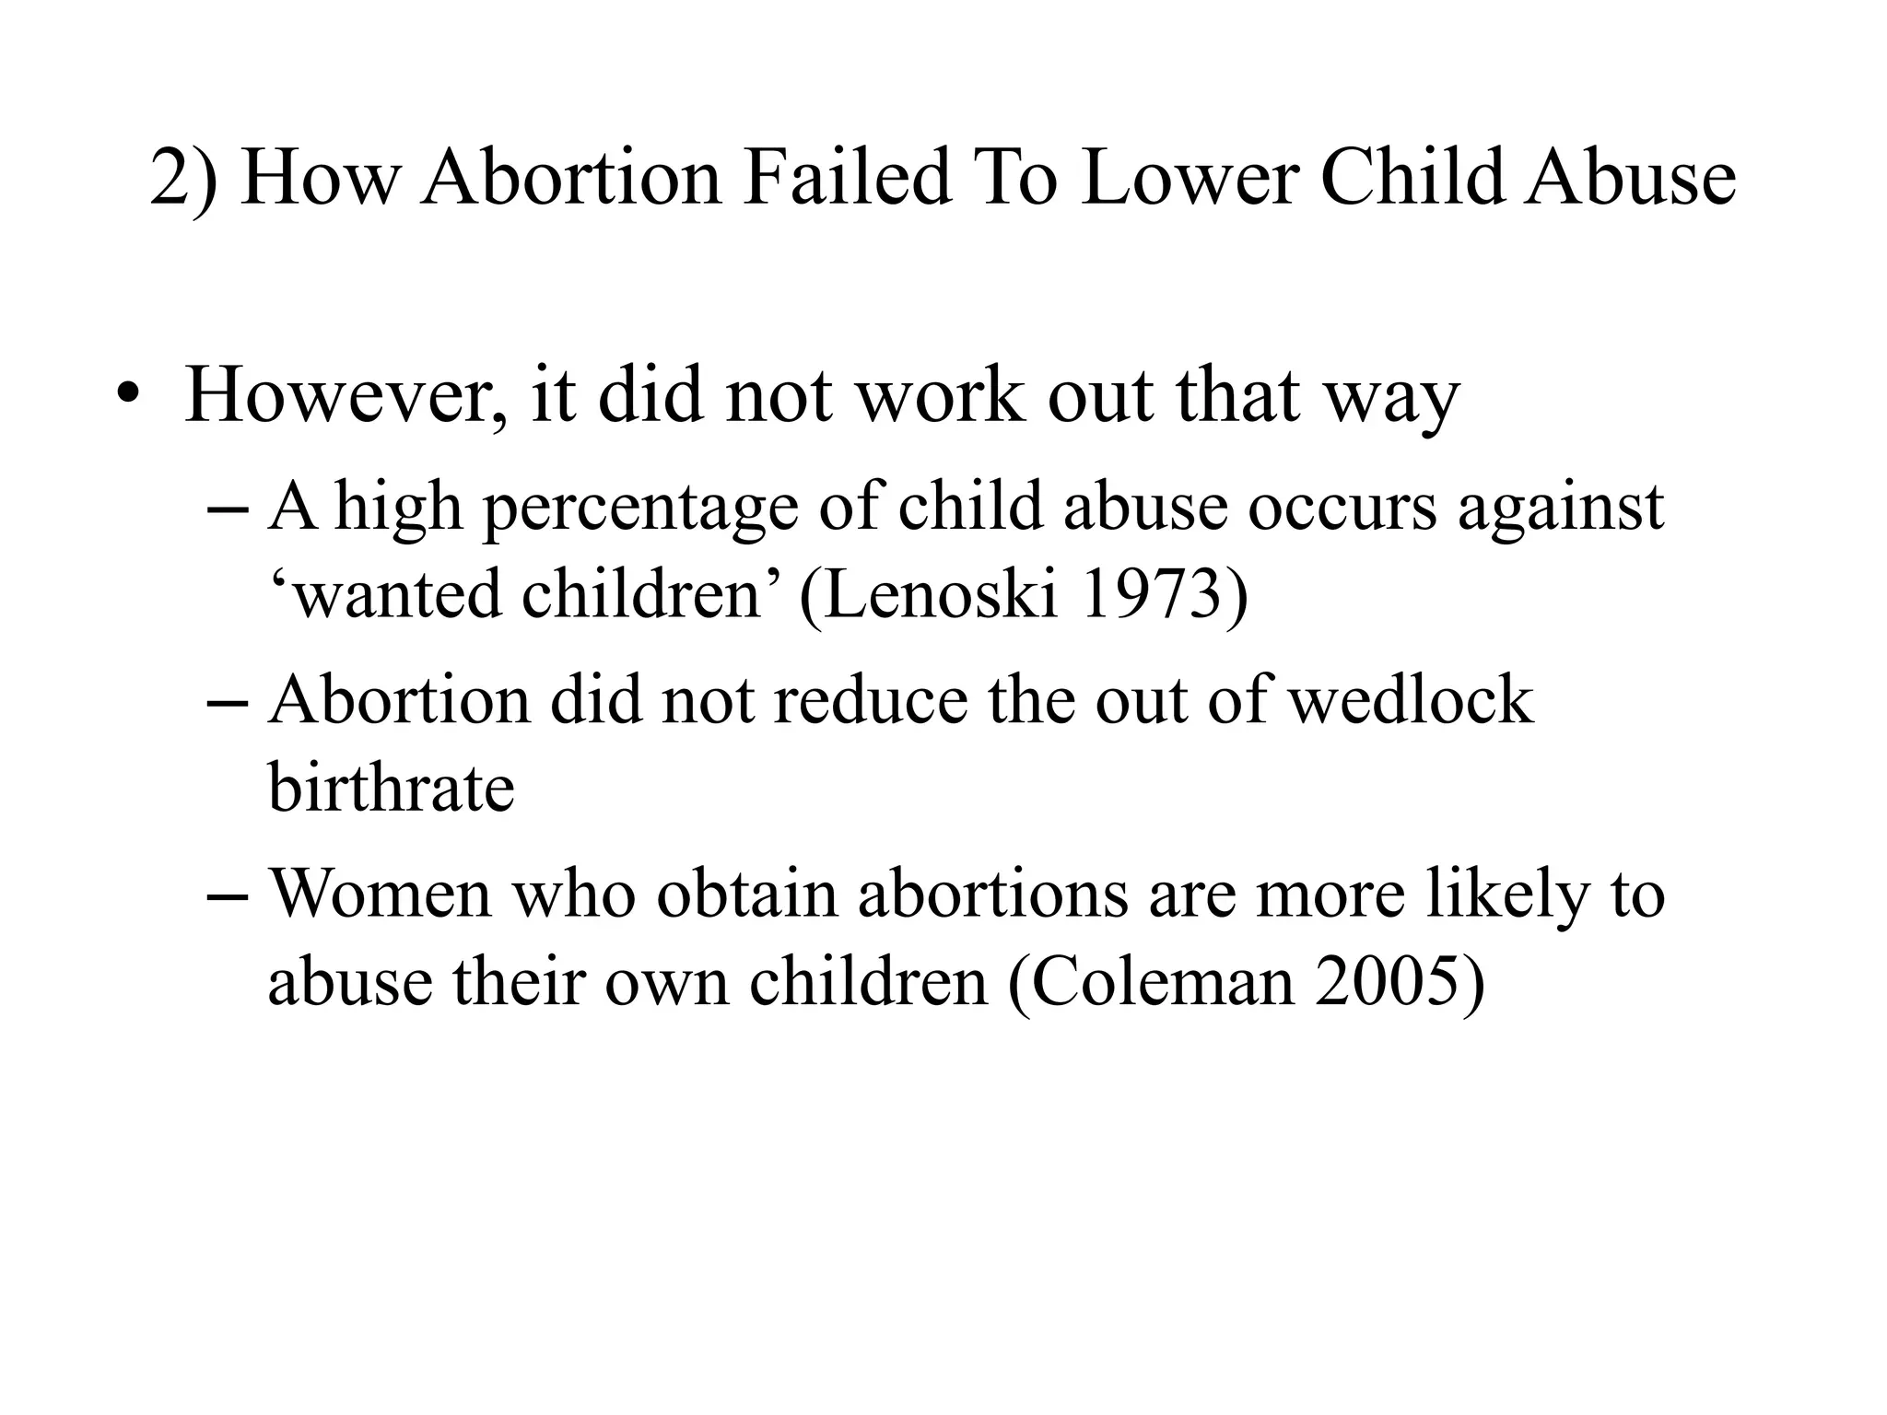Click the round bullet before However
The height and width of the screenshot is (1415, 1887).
point(128,397)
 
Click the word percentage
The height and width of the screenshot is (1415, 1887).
point(641,509)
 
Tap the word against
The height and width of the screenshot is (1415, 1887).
point(1561,509)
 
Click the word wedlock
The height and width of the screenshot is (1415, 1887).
point(1410,700)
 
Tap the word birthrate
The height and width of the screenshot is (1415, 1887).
point(391,788)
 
